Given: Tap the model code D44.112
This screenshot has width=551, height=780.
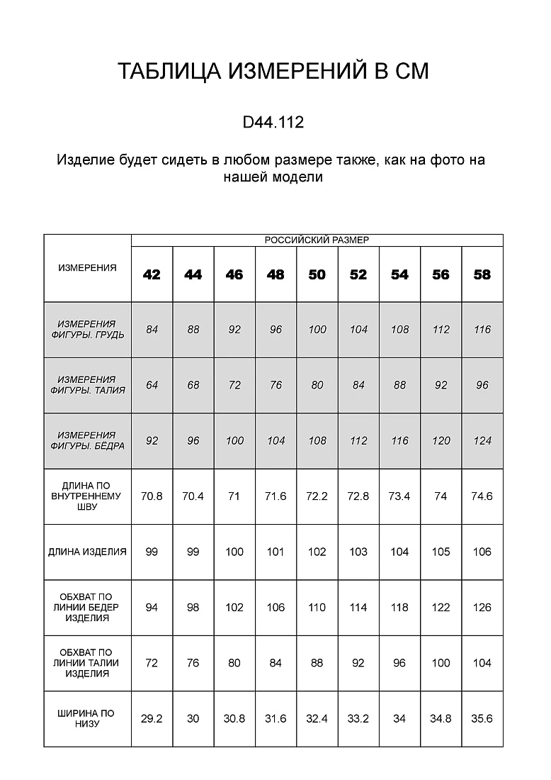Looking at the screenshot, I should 273,123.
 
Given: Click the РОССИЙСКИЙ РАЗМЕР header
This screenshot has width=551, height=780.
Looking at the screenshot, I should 317,240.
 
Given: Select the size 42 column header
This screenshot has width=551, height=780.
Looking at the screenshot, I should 152,275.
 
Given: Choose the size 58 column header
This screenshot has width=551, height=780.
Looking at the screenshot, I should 482,275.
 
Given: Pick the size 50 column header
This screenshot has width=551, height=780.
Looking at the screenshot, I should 317,275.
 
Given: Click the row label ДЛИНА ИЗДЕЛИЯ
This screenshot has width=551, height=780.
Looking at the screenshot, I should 87,552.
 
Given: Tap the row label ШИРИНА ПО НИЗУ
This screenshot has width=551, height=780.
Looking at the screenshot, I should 87,718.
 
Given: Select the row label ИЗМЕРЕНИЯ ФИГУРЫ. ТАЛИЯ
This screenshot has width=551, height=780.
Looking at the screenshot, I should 87,385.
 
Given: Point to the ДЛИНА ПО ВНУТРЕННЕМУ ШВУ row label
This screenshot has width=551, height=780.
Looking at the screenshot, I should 87,496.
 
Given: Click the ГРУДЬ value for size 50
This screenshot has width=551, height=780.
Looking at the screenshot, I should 317,330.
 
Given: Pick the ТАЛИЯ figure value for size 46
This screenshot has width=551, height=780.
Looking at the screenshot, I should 234,385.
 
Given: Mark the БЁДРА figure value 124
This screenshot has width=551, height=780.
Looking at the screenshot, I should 482,440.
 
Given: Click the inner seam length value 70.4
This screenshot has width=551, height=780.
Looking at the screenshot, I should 193,496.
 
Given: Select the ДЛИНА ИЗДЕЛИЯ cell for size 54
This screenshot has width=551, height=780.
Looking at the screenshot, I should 399,552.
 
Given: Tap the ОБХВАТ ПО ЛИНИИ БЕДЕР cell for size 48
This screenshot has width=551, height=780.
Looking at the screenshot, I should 275,607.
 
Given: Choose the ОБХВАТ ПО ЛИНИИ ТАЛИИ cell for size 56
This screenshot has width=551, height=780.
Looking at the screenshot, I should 441,663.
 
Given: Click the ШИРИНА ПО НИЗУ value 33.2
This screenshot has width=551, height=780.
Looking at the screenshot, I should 358,718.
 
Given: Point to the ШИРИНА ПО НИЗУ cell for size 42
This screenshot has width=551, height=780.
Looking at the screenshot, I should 152,718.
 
